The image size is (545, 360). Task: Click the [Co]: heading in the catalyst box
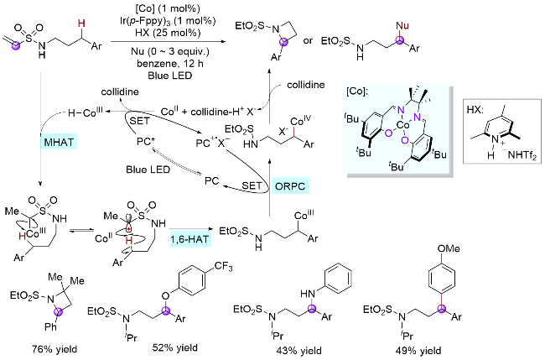coord(359,89)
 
